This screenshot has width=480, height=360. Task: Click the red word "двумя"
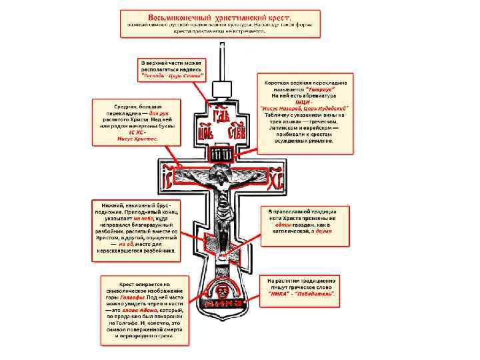pos(324,233)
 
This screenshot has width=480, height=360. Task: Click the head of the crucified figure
pos(221,177)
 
